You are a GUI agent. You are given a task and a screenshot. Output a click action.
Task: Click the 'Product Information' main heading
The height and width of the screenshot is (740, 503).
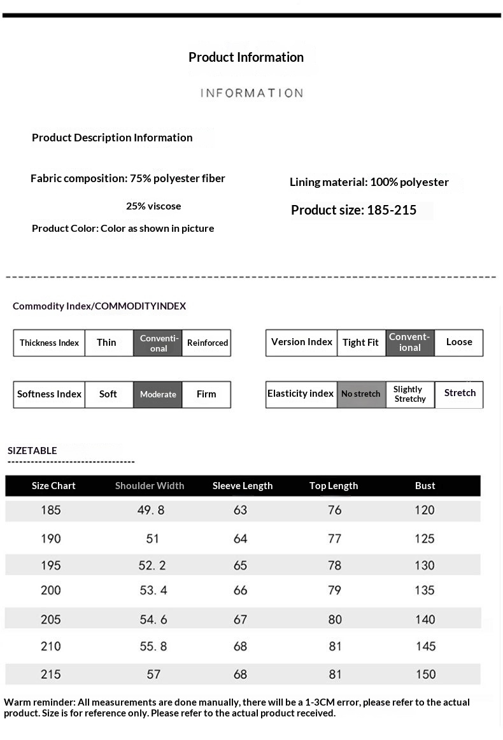246,57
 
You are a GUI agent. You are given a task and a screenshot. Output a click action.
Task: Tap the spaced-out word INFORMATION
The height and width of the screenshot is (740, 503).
252,93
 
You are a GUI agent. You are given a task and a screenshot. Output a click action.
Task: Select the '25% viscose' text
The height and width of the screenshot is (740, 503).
153,206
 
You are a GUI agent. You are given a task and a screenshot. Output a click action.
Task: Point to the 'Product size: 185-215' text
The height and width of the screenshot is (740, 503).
353,210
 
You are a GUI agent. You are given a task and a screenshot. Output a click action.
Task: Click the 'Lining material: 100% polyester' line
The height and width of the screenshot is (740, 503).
369,182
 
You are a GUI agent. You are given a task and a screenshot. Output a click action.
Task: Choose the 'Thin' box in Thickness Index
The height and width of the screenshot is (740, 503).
107,343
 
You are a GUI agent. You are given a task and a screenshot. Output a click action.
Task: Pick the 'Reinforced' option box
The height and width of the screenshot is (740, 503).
207,343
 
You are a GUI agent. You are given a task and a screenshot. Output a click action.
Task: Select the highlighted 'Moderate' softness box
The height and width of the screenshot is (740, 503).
158,394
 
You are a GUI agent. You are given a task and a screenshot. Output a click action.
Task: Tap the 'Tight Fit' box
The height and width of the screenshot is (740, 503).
360,343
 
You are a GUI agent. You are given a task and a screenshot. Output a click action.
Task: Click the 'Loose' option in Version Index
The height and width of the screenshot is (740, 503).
459,342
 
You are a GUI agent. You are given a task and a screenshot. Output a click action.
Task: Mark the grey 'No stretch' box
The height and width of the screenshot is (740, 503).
360,394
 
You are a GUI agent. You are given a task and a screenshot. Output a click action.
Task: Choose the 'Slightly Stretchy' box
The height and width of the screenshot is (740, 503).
409,394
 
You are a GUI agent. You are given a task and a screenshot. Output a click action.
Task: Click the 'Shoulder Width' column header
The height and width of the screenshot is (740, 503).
150,486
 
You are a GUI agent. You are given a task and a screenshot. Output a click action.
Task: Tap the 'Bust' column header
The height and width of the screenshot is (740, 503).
425,486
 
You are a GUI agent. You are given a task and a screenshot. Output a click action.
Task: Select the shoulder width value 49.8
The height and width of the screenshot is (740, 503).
152,510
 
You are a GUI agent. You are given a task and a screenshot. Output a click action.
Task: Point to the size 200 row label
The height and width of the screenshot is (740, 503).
51,590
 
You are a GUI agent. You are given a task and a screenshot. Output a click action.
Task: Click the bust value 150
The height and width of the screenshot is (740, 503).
425,674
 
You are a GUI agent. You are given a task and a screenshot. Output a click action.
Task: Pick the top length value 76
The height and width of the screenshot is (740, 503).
335,510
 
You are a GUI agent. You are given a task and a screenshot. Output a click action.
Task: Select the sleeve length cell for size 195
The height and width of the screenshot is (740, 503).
241,566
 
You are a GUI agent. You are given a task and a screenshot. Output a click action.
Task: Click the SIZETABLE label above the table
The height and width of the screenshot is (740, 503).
32,450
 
